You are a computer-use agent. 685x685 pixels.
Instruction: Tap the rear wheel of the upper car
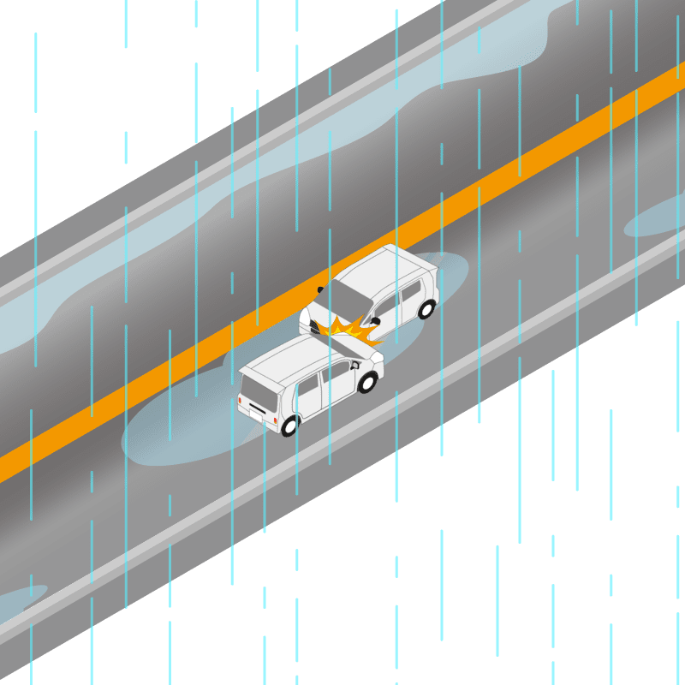[x=426, y=309]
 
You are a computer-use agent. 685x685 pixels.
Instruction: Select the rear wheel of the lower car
[x=289, y=425]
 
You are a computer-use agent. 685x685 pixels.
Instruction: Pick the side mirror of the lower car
[x=354, y=366]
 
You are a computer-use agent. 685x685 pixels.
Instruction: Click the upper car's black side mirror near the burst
[x=374, y=323]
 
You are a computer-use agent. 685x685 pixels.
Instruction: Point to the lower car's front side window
[x=336, y=374]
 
